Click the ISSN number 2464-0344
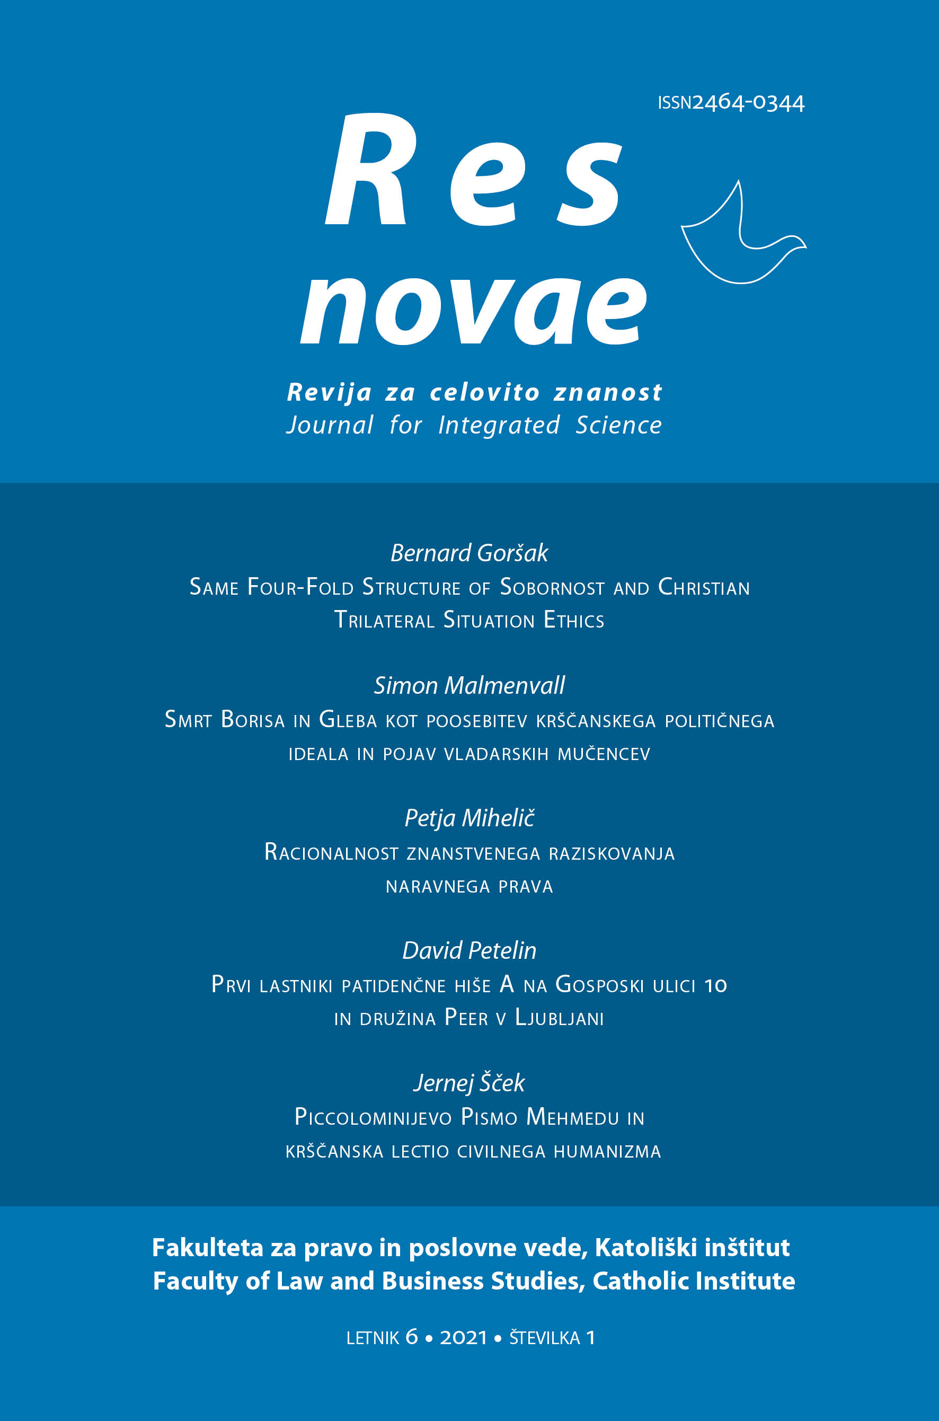(x=748, y=103)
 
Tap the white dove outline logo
(x=742, y=239)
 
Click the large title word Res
(x=473, y=171)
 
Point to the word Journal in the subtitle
(x=330, y=425)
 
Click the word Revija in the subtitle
(x=330, y=392)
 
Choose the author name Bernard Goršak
(x=469, y=553)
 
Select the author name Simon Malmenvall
(x=469, y=686)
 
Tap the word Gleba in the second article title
(x=347, y=720)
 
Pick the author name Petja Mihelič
(x=469, y=818)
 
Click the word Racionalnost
(x=331, y=852)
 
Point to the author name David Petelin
(x=469, y=950)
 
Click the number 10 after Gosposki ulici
(x=715, y=985)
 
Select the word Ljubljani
(x=560, y=1018)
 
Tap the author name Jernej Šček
(x=469, y=1083)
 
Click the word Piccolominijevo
(x=373, y=1117)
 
